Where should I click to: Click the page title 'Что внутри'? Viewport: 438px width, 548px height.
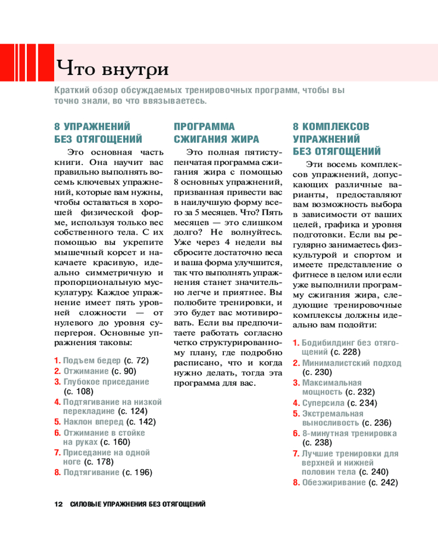(112, 70)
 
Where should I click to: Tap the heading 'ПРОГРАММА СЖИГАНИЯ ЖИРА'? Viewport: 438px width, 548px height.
(209, 132)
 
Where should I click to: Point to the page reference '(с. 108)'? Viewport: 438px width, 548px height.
(79, 391)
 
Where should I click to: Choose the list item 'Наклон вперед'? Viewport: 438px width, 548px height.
(93, 422)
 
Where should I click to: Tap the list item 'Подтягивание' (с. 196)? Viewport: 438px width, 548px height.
(91, 472)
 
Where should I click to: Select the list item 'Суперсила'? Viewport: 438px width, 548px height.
(321, 403)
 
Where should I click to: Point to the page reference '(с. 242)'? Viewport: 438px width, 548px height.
(382, 482)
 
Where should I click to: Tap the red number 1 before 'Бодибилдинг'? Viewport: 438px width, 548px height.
(296, 342)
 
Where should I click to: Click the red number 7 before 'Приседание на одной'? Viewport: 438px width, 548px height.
(56, 453)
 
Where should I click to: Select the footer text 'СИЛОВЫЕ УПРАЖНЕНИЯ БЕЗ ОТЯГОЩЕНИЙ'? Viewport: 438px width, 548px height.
(138, 504)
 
